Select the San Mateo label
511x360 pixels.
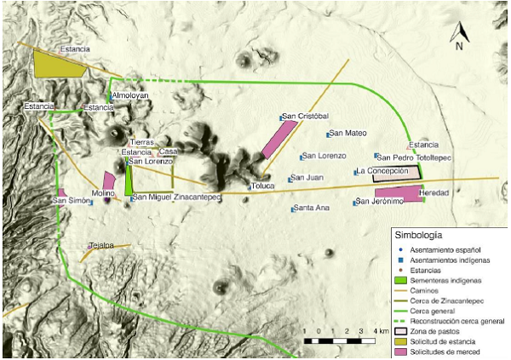pos(348,133)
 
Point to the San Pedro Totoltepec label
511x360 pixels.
pos(416,157)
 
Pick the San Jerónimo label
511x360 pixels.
pos(381,202)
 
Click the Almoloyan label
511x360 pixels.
pos(129,96)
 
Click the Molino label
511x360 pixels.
pos(104,194)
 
